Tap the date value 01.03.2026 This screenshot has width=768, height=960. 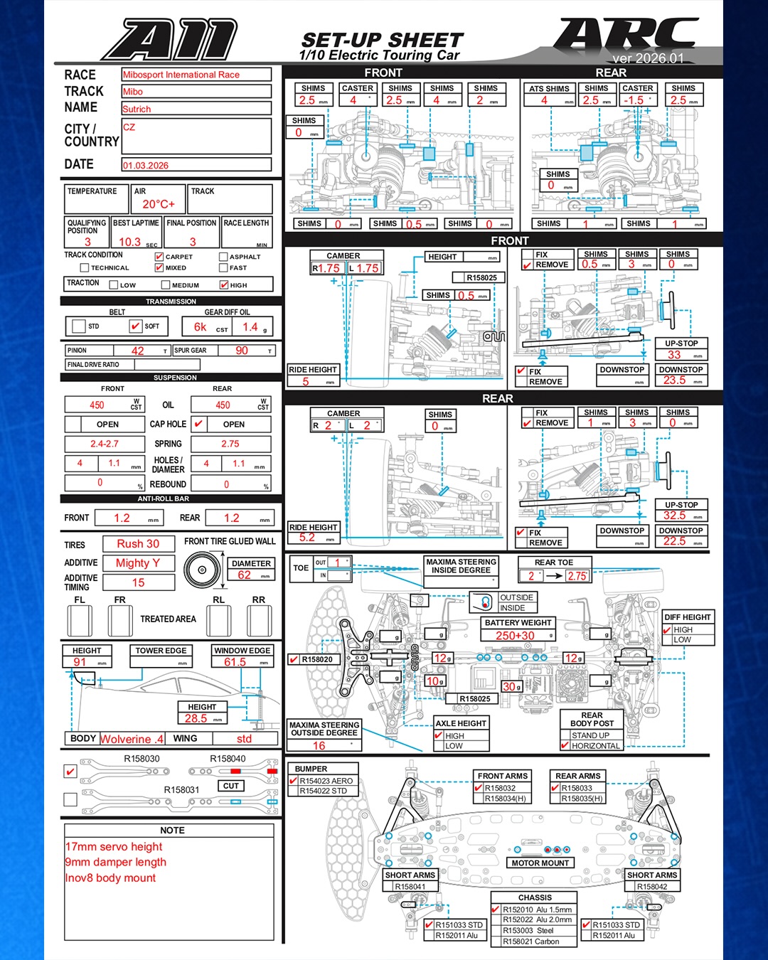coord(146,166)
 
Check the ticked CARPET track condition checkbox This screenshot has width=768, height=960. coord(159,257)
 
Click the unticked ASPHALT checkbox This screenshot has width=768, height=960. coord(223,257)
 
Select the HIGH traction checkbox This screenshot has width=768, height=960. coord(224,285)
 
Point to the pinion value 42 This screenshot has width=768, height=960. coord(138,351)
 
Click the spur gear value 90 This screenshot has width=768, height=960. coord(242,351)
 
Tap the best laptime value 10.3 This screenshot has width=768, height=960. coord(129,242)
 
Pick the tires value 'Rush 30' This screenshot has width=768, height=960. coord(138,544)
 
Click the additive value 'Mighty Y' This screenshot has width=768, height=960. coord(138,563)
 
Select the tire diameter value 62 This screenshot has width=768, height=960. coord(244,575)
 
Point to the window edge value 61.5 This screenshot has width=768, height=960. coord(235,662)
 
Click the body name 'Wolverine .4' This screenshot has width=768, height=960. coord(132,739)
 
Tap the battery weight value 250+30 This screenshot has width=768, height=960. coord(515,636)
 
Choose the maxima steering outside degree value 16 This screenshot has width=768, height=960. coord(319,746)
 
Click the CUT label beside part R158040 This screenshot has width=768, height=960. coord(231,786)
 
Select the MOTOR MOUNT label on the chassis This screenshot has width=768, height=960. coord(540,863)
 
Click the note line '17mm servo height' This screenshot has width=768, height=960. coord(114,847)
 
